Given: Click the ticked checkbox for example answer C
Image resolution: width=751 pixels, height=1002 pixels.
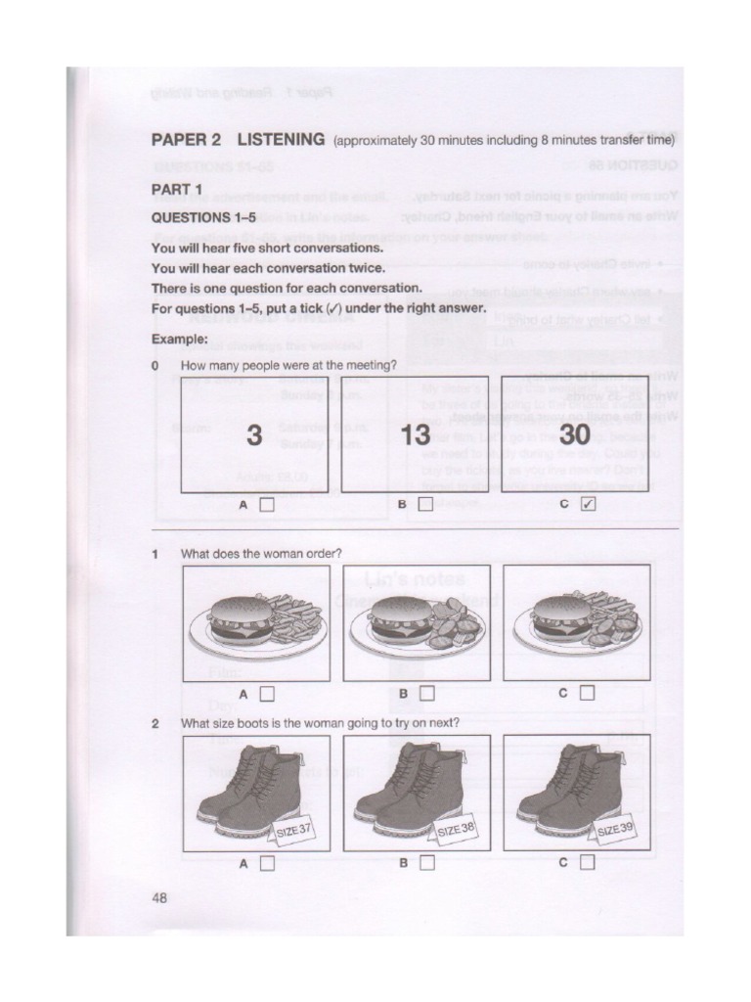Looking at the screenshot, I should pyautogui.click(x=587, y=505).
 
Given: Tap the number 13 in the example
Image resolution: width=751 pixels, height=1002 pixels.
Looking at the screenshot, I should pyautogui.click(x=416, y=436).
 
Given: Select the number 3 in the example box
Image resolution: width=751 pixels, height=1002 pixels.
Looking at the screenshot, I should pyautogui.click(x=254, y=436).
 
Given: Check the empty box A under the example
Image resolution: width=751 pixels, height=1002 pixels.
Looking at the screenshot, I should pyautogui.click(x=267, y=505).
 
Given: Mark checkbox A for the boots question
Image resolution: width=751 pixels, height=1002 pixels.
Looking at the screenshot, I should pyautogui.click(x=267, y=864).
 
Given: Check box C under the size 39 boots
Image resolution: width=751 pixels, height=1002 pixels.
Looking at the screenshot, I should pyautogui.click(x=587, y=864).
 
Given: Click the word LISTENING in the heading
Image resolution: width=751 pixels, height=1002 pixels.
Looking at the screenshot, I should pyautogui.click(x=280, y=140).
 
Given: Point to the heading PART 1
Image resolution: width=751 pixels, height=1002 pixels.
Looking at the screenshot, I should pyautogui.click(x=177, y=189).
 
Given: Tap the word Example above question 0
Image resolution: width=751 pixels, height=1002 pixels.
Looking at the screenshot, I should pyautogui.click(x=179, y=339).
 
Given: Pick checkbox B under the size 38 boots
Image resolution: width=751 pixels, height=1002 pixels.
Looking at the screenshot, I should pyautogui.click(x=426, y=864).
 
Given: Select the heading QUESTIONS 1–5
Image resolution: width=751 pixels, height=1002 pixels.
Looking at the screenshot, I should pyautogui.click(x=203, y=218).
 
